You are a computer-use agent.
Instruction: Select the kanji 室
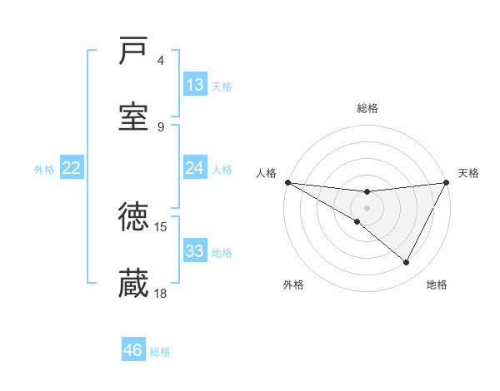[x=134, y=116]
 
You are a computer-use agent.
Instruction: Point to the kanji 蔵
[x=134, y=283]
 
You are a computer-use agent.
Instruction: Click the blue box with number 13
[x=195, y=85]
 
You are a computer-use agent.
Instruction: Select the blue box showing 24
[x=195, y=168]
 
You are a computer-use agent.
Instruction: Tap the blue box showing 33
[x=195, y=251]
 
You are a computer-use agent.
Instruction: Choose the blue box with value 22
[x=72, y=168]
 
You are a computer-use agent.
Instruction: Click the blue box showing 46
[x=133, y=350]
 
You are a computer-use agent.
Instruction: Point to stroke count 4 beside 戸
[x=161, y=61]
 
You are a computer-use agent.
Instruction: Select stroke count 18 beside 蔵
[x=161, y=293]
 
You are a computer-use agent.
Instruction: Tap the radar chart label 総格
[x=367, y=108]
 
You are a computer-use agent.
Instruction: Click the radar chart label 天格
[x=468, y=173]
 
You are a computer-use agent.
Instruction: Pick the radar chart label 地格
[x=437, y=285]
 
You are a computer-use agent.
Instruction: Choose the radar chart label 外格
[x=293, y=285]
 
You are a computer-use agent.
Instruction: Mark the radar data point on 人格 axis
[x=287, y=182]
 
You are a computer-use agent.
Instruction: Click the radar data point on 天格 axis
[x=447, y=182]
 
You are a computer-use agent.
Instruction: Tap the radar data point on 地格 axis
[x=407, y=263]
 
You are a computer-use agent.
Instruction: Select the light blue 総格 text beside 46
[x=160, y=352]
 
